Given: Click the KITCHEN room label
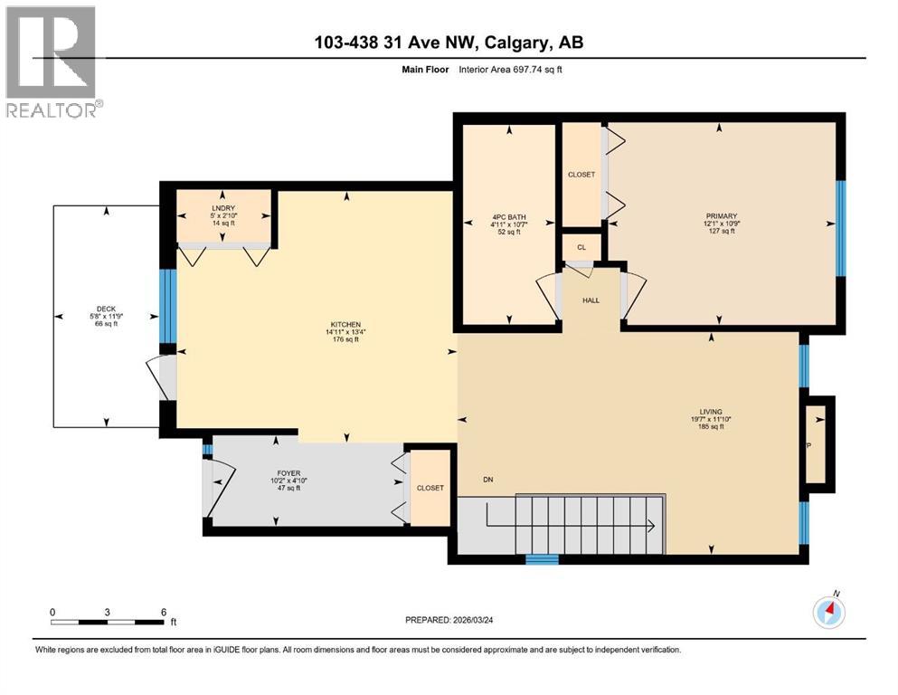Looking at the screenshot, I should pos(345,324).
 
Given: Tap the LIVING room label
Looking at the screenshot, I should pos(710,412).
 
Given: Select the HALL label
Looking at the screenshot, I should pos(591,300).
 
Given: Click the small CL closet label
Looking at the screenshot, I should pos(581,246).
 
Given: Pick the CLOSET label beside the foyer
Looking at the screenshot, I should pos(430,488).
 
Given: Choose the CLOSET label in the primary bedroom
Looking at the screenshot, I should pos(581,175).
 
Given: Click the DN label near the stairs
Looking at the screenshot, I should pos(488,480).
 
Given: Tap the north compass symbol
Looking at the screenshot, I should pos(829,613).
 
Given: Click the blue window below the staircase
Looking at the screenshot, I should pos(543,559).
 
